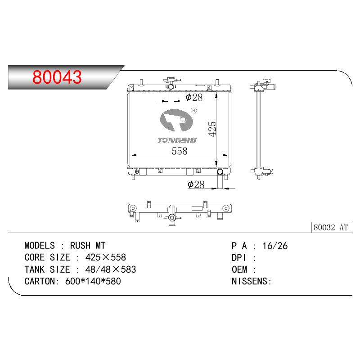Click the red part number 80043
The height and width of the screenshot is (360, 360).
[57, 77]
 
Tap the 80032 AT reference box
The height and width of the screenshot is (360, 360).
[332, 227]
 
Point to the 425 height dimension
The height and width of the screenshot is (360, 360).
[212, 129]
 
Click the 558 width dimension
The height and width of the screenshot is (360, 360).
[180, 151]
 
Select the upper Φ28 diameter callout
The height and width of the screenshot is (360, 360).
[194, 97]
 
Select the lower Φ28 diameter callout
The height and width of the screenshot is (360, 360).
[196, 184]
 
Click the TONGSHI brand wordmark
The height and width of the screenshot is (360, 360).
[177, 140]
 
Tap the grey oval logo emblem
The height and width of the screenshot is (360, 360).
[176, 120]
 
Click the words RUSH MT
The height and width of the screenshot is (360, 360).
[88, 246]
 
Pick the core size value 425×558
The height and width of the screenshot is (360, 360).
[106, 257]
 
